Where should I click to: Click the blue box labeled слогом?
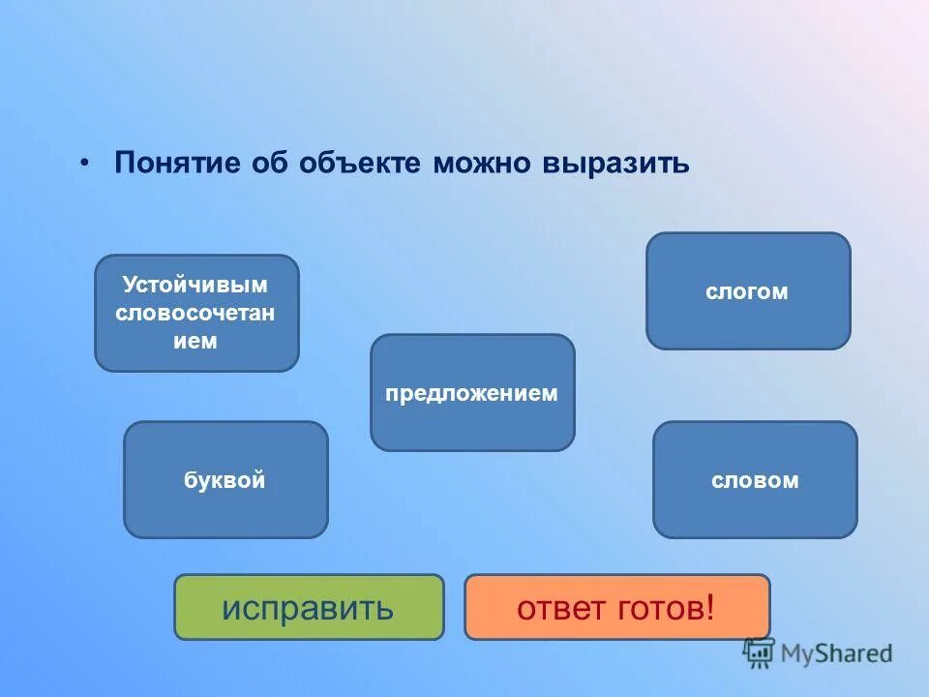[748, 291]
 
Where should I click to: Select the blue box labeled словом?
[755, 480]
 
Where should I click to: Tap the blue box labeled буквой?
[225, 480]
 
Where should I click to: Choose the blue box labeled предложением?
[472, 393]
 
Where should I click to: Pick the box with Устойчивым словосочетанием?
[196, 313]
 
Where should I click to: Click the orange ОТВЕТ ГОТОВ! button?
[617, 607]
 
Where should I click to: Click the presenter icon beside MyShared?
[759, 652]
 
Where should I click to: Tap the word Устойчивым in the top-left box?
[195, 285]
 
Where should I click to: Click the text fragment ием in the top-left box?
[195, 341]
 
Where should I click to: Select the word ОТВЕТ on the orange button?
[559, 608]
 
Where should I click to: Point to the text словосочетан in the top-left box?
[195, 313]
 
